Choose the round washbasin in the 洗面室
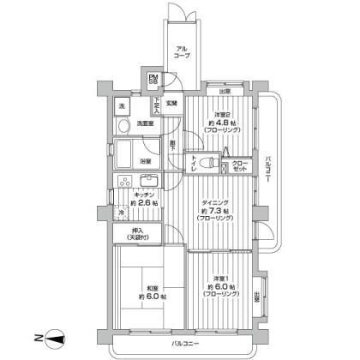click(123, 125)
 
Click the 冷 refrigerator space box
click(123, 213)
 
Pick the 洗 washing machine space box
click(123, 105)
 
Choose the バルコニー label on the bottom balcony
click(187, 344)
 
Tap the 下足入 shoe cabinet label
click(157, 104)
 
